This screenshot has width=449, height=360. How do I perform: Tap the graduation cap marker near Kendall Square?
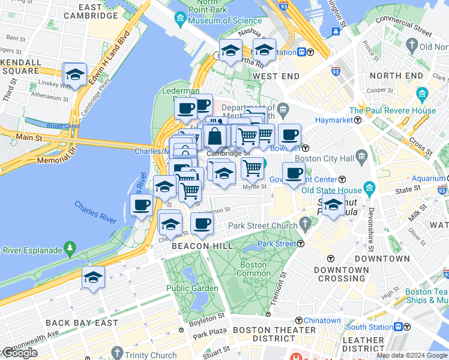(75, 75)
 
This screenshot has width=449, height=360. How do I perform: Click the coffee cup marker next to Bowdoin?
(289, 135)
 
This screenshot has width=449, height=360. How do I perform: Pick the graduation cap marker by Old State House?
(333, 205)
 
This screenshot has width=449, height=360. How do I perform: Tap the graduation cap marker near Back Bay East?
(93, 278)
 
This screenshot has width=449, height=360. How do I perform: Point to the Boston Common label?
(253, 269)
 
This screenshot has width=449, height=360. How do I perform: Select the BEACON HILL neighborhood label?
(198, 246)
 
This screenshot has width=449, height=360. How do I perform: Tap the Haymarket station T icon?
(357, 120)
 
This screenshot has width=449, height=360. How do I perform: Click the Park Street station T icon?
(301, 244)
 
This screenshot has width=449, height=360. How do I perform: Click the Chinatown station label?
(322, 321)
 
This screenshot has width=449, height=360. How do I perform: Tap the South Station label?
(370, 327)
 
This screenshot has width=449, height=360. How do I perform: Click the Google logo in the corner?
(19, 353)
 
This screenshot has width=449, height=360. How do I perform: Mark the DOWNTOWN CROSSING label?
(341, 275)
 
